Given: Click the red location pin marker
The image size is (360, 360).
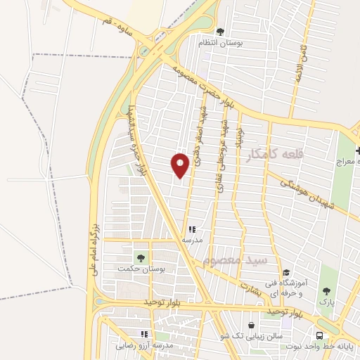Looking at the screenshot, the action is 181,165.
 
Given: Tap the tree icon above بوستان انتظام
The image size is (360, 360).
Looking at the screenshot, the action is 220,32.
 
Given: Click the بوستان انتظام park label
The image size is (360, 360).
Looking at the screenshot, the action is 221,43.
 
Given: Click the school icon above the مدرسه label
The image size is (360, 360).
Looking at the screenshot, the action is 192,229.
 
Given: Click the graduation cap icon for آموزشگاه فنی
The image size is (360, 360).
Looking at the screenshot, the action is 285,274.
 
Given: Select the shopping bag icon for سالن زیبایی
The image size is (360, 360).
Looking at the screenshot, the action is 251,326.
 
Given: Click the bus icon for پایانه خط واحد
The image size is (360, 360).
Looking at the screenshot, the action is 321,335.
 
